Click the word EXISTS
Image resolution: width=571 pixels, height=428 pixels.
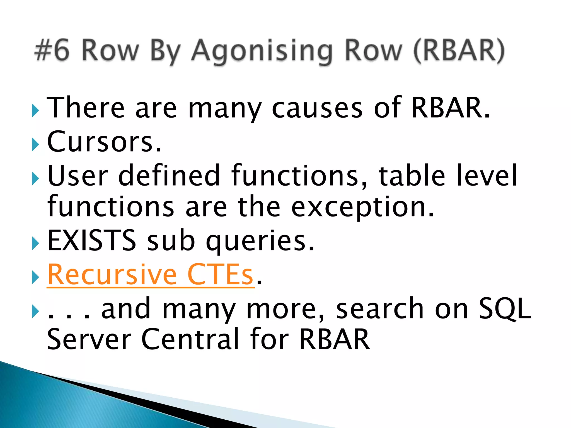pos(92,240)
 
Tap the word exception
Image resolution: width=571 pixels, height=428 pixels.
pos(362,208)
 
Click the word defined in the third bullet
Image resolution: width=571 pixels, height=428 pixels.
pos(169,176)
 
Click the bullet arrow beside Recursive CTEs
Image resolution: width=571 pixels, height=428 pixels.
pos(35,278)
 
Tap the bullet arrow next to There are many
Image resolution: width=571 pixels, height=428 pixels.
pos(35,111)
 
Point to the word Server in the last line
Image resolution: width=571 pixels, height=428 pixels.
pos(89,339)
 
